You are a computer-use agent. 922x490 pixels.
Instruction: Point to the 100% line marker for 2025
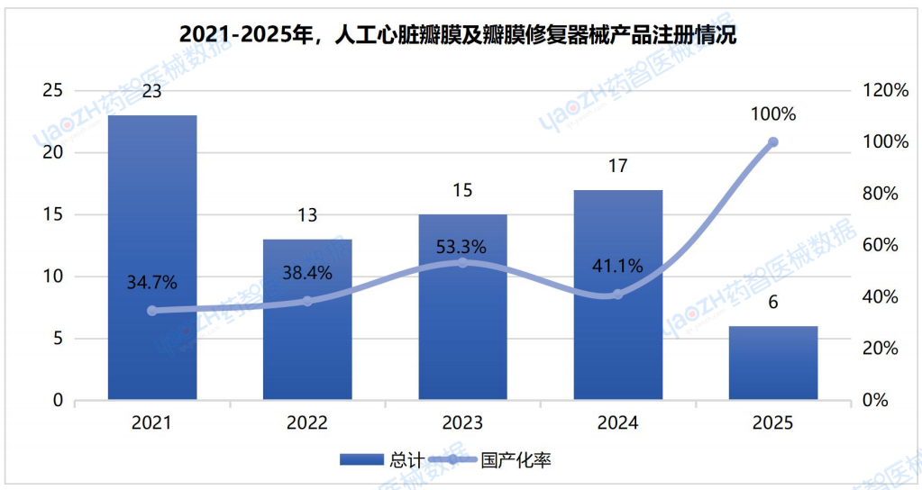coord(773,142)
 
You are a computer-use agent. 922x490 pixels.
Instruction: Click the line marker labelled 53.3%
coord(463,262)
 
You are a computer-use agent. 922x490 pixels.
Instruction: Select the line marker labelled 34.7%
coord(152,311)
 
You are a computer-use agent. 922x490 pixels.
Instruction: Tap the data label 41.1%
coord(618,266)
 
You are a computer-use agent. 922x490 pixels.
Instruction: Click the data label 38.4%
coord(307,273)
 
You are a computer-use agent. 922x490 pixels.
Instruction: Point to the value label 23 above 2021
coord(152,91)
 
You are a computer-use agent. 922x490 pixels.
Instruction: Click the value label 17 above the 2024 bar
coord(618,166)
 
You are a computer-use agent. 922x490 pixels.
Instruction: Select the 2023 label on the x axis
coord(463,422)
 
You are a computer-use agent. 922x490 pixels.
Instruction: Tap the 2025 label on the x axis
coord(773,422)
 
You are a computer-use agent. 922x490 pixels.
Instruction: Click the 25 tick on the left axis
coord(53,90)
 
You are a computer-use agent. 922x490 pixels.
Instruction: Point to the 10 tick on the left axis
coord(53,277)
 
